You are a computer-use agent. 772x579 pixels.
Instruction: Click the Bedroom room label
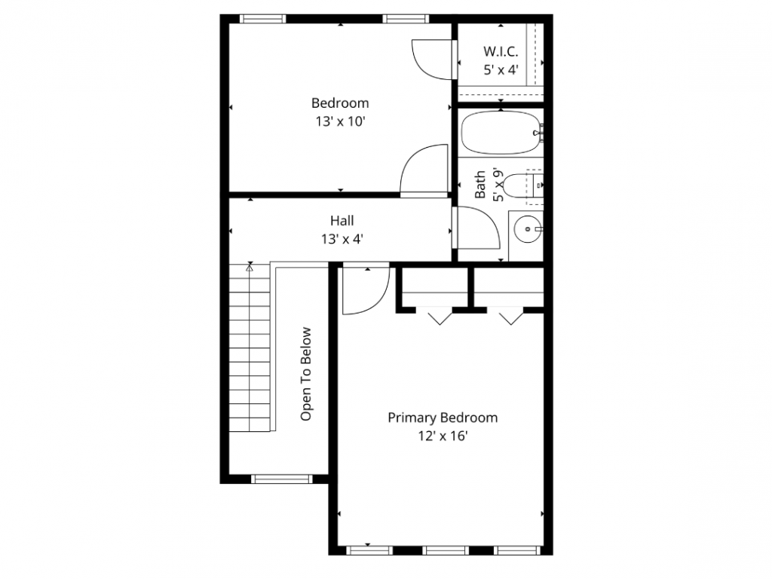[340, 103]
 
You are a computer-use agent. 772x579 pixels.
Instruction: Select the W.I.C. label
[501, 52]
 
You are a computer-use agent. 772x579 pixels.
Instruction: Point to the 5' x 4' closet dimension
[501, 69]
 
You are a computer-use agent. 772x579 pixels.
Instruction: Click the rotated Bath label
[480, 185]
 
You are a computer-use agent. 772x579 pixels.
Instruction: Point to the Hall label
[342, 221]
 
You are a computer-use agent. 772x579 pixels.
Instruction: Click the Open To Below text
[306, 374]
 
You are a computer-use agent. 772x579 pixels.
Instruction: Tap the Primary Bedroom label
[443, 417]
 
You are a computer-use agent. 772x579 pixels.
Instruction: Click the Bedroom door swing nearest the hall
[424, 170]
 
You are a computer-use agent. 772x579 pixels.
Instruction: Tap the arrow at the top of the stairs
[250, 266]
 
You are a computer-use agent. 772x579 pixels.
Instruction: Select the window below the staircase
[280, 478]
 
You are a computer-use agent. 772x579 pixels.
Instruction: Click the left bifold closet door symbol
[438, 316]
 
